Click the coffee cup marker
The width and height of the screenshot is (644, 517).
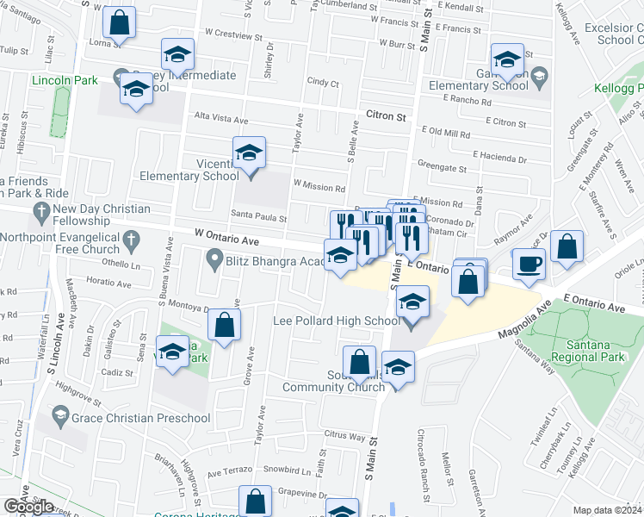click(x=529, y=263)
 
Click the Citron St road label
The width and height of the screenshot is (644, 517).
click(x=385, y=114)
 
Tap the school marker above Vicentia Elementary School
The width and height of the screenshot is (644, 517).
click(x=249, y=153)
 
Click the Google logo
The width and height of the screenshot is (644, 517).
click(x=29, y=506)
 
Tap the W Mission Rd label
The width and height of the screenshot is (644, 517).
click(x=319, y=185)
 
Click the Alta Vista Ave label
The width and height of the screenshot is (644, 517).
click(x=221, y=120)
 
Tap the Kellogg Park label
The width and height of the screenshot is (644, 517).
click(x=618, y=89)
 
